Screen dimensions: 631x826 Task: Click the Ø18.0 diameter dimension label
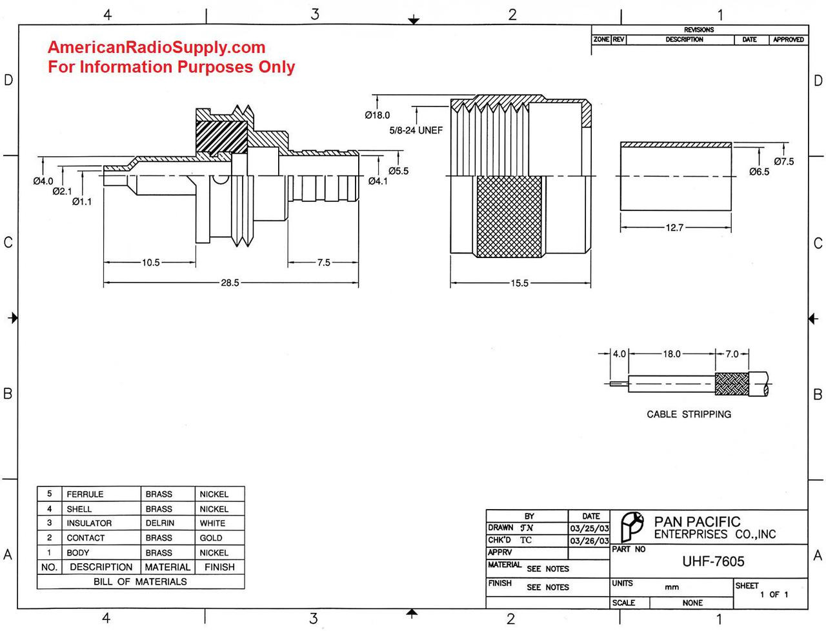(x=378, y=115)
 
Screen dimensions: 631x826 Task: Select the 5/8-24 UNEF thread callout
(x=416, y=130)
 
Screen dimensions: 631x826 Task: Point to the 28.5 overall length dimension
(x=230, y=283)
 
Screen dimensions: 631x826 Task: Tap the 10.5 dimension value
(x=150, y=263)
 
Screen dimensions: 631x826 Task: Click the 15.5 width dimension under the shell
(x=519, y=283)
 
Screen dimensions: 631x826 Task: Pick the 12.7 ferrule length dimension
(x=675, y=228)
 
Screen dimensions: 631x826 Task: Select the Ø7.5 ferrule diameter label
(x=783, y=161)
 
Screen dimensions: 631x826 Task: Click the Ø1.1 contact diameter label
(x=81, y=202)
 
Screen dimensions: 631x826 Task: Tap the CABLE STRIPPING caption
(x=689, y=414)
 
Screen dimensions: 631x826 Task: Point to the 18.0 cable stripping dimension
(x=672, y=354)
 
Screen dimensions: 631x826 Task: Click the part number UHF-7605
(x=713, y=561)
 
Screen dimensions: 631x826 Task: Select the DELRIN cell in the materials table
(x=159, y=523)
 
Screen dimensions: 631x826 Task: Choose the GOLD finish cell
(x=211, y=538)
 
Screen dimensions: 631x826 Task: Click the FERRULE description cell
(x=85, y=494)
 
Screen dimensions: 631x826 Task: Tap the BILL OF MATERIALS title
(x=140, y=582)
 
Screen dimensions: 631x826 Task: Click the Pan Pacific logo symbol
(x=631, y=526)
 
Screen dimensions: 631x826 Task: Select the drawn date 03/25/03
(x=589, y=528)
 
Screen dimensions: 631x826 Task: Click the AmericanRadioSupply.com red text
(x=156, y=47)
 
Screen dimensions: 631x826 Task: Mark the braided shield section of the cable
(x=731, y=384)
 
